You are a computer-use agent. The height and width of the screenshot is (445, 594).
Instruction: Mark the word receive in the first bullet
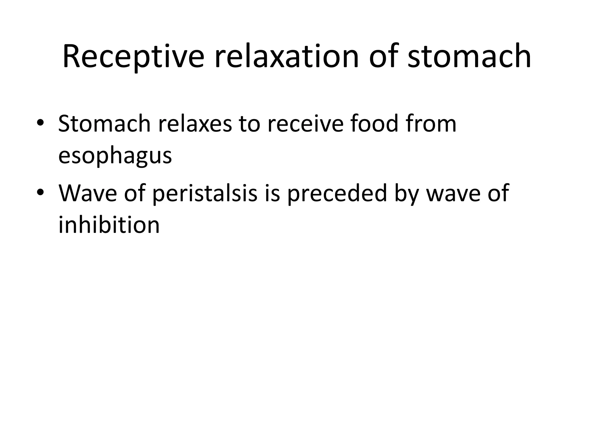pos(305,124)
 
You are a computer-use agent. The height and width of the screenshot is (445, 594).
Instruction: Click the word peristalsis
pos(204,194)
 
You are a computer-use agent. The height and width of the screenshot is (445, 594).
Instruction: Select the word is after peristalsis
pos(273,193)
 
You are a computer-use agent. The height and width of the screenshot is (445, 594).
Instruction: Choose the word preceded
pos(337,193)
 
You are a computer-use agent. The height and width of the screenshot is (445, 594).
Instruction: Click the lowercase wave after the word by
pos(453,194)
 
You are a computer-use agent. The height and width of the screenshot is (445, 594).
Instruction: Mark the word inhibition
pos(109,225)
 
